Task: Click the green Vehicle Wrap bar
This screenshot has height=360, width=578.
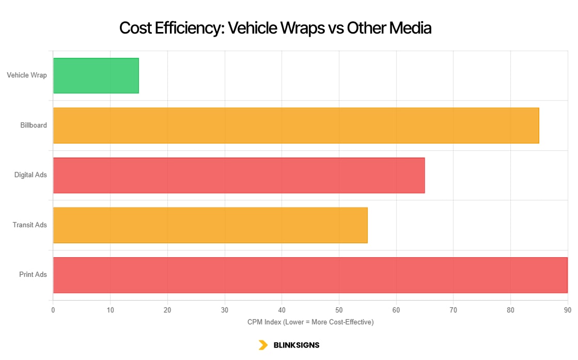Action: pos(96,75)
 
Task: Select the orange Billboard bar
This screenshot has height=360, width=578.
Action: pos(296,126)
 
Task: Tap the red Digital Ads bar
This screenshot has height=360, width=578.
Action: pos(239,175)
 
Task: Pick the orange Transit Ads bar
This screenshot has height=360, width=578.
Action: pos(210,225)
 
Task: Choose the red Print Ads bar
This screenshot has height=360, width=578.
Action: pos(310,275)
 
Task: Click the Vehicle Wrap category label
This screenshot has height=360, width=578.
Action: pos(27,75)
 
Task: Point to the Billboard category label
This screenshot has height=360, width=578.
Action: pos(34,126)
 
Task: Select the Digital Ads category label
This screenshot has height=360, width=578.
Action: pos(30,175)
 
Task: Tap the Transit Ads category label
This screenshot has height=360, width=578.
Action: pos(30,225)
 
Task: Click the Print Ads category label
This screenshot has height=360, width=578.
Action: pos(33,275)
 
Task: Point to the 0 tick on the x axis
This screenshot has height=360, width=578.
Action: pos(53,310)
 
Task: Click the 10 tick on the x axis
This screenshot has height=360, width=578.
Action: pos(110,310)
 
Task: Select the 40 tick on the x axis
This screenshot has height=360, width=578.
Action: pos(282,310)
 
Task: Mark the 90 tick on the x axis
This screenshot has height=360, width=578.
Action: pos(567,310)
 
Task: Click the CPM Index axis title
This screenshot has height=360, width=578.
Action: pos(310,322)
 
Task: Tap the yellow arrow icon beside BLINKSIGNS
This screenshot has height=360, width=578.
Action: pos(263,345)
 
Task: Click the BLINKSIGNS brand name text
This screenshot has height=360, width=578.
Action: pos(296,345)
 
